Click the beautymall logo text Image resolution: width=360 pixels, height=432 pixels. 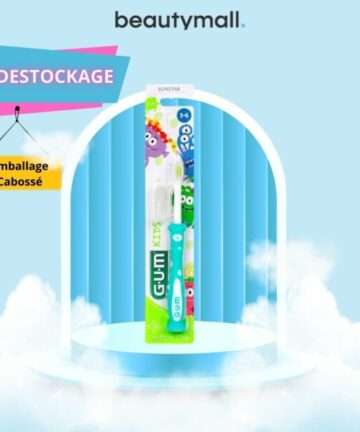point(179,20)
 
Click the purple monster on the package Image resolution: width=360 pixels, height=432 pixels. point(166,131)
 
